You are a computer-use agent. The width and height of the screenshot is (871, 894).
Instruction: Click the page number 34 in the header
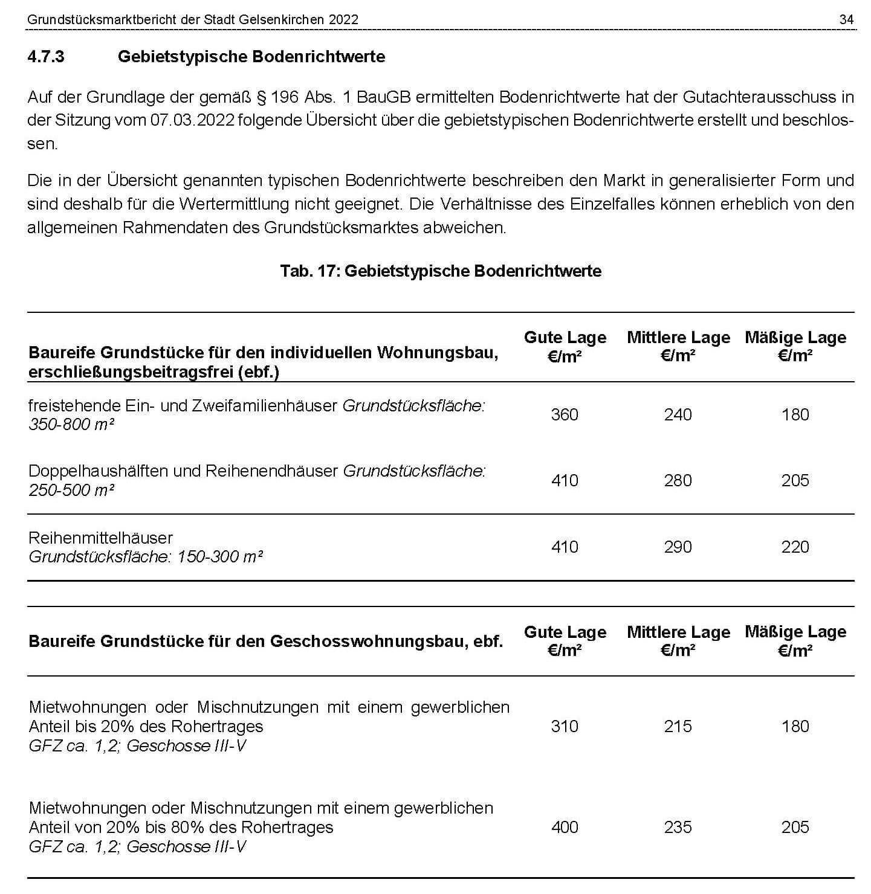click(846, 20)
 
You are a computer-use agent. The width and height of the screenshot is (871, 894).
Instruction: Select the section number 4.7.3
click(46, 57)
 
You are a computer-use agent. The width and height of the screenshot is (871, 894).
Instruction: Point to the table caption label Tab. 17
click(309, 271)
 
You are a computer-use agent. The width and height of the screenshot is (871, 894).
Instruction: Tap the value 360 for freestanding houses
click(565, 415)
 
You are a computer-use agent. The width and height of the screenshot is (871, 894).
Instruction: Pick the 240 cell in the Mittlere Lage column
click(678, 415)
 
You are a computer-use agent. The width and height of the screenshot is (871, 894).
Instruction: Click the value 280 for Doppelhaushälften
click(678, 481)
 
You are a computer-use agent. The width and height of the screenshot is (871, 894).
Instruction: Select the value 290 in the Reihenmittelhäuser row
click(678, 547)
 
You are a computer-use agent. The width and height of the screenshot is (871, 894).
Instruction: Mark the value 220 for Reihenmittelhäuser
click(795, 547)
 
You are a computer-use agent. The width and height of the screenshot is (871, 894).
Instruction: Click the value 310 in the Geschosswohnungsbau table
click(565, 727)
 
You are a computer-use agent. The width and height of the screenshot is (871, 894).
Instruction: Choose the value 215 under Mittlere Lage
click(678, 727)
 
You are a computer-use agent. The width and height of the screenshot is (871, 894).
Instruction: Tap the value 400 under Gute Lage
click(565, 828)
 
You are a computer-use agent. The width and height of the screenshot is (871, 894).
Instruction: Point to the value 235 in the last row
click(678, 828)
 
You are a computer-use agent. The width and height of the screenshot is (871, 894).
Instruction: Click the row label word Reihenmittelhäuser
click(101, 538)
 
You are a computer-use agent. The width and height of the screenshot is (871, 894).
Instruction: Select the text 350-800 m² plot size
click(71, 425)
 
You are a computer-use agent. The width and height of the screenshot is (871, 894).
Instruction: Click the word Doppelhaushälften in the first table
click(99, 471)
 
